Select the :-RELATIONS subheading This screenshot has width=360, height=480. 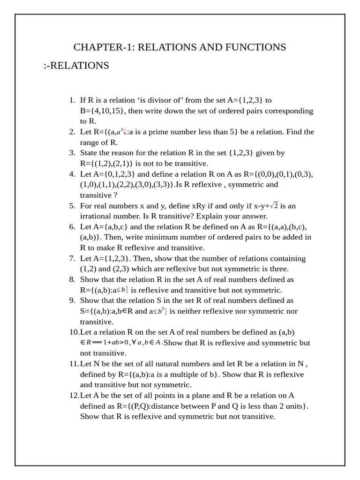[76, 66]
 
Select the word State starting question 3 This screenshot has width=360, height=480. [89, 153]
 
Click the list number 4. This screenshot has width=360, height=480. [72, 174]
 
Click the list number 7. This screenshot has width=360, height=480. [72, 259]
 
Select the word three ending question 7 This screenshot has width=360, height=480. [278, 269]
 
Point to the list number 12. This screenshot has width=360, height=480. [74, 396]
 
